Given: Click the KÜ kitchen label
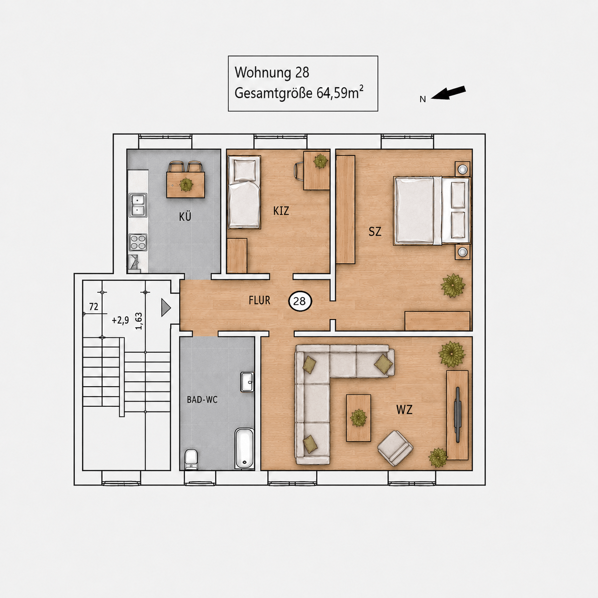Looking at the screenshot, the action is (x=185, y=217).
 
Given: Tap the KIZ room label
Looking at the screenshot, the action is (x=281, y=211).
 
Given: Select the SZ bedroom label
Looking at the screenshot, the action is (x=374, y=231).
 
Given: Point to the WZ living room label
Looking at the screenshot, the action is (x=404, y=410).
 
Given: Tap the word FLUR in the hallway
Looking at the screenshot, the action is (x=259, y=300).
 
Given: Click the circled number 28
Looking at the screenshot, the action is (x=300, y=301).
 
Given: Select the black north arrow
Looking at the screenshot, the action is (x=448, y=93).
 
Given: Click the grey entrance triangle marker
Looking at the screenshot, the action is (x=166, y=308).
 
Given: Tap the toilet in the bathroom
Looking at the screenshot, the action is (x=191, y=459).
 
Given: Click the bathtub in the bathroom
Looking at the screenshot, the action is (x=244, y=448).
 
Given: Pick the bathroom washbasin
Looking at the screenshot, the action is (x=247, y=382).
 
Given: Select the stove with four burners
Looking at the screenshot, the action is (x=138, y=242).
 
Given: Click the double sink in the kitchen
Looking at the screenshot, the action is (x=138, y=205).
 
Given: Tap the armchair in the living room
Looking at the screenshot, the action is (x=395, y=448).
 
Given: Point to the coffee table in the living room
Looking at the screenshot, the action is (x=359, y=418).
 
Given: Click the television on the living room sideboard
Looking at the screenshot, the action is (x=458, y=414).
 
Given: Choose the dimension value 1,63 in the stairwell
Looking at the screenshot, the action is (x=139, y=321).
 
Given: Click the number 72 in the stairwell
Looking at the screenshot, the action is (x=94, y=307).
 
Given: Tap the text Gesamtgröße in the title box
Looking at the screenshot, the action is (x=273, y=93).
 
